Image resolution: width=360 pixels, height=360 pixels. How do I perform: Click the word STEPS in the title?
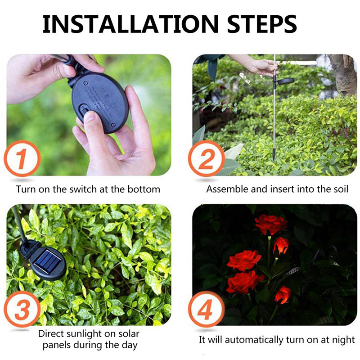pos(262,24)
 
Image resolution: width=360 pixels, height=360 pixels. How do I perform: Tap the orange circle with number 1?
pos(22,158)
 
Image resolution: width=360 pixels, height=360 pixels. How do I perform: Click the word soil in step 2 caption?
pos(341,189)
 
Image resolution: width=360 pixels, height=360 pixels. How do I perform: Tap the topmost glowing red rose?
pos(271,225)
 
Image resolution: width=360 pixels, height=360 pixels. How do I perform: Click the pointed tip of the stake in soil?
pos(274,160)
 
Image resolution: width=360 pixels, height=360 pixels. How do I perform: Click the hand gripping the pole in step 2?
pos(264,67)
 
